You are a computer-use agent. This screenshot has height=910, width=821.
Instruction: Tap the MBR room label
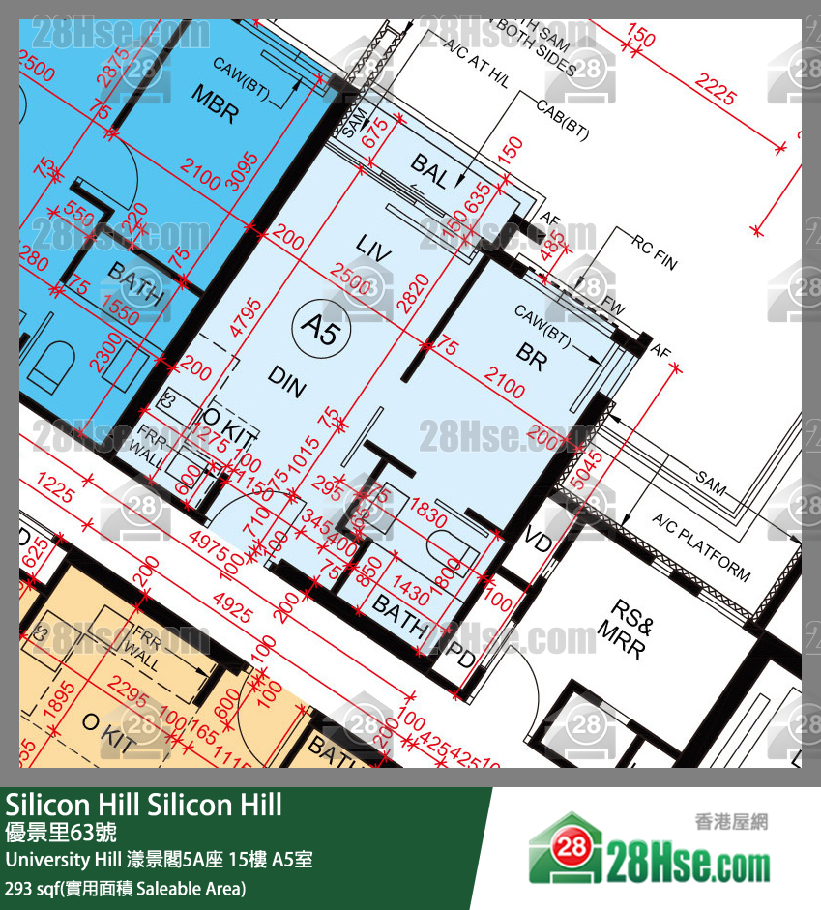214,104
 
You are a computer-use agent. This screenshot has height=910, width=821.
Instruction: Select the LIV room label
373,248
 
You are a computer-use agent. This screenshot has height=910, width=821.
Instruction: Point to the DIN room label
287,383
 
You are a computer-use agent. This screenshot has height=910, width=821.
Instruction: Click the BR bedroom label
531,357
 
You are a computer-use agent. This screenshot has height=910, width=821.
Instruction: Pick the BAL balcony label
430,172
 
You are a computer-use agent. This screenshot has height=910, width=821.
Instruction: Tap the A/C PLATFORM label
700,547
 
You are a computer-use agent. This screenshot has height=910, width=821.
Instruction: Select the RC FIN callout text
656,250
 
